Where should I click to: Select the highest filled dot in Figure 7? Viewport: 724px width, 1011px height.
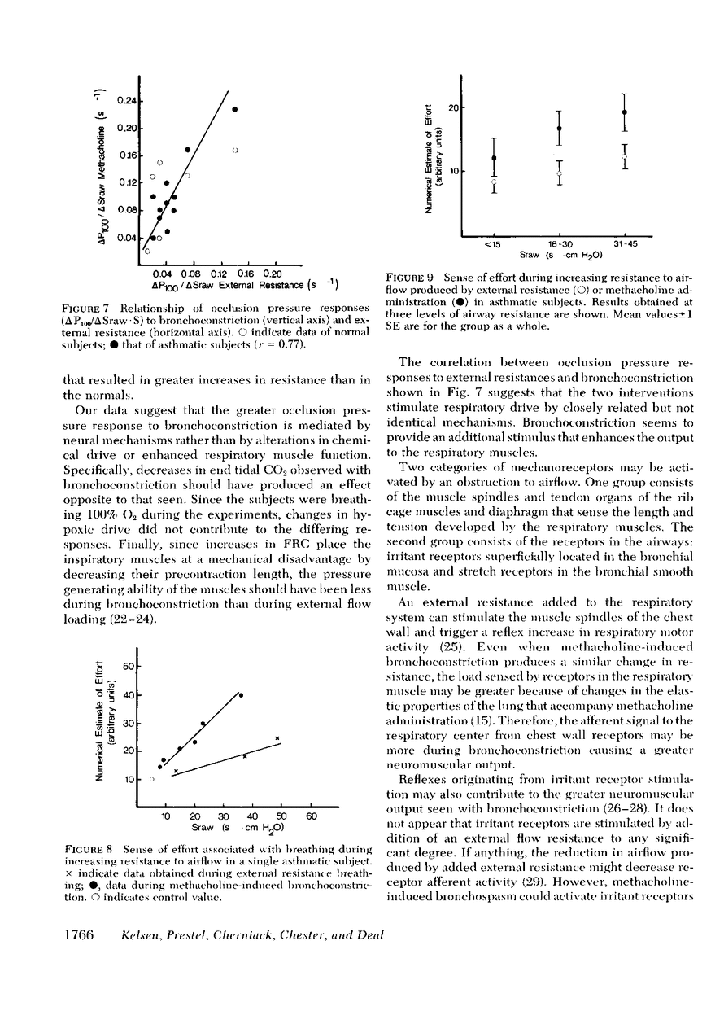click(x=235, y=109)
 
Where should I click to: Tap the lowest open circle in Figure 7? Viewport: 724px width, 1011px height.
click(x=147, y=252)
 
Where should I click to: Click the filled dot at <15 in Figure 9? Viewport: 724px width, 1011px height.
click(x=494, y=158)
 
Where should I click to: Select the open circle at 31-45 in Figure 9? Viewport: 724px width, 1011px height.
click(x=624, y=156)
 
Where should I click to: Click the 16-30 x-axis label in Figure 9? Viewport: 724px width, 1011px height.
click(x=559, y=244)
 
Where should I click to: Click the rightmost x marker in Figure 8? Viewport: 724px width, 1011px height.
click(x=277, y=738)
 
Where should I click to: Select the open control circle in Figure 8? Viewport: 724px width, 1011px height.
click(x=152, y=779)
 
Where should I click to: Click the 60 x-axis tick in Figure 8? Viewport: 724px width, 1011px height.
click(x=311, y=817)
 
